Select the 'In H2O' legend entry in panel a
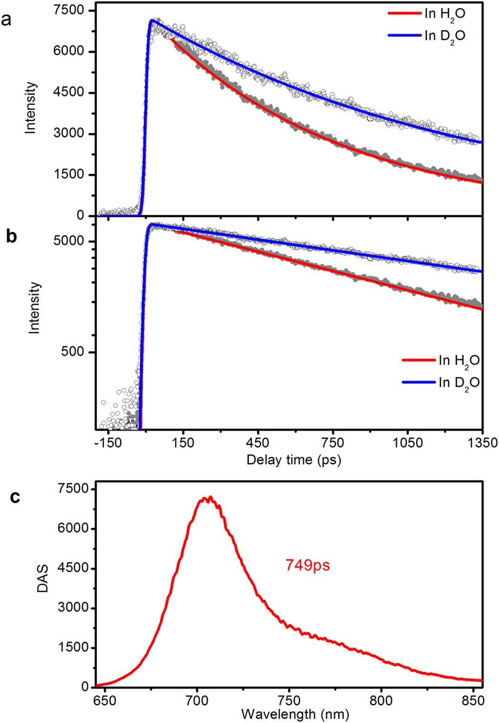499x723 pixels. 444,14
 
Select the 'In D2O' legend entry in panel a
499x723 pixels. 444,36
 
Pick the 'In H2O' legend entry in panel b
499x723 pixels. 458,361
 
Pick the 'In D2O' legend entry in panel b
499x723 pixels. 458,383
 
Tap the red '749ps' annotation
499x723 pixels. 307,565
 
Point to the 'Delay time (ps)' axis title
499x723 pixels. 294,460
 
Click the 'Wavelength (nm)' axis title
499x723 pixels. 295,713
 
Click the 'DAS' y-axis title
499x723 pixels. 43,580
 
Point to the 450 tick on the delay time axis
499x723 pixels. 258,443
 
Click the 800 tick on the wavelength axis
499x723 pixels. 380,701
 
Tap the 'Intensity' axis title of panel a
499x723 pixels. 30,107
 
